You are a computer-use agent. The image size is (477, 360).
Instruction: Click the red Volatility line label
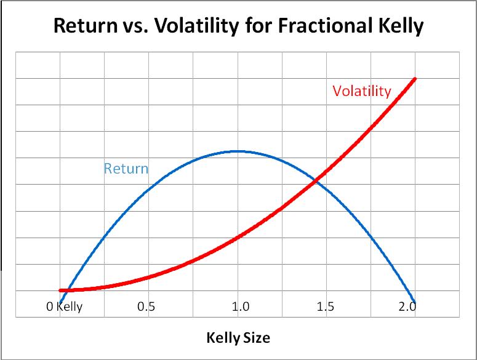coord(361,91)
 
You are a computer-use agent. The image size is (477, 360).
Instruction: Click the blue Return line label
coord(126,168)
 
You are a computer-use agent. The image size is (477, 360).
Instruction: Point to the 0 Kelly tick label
coord(64,307)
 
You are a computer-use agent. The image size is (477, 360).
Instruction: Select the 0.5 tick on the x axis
coord(146,307)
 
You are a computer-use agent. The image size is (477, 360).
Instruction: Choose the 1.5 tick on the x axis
coord(325,307)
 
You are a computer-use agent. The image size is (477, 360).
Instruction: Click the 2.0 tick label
coord(407,307)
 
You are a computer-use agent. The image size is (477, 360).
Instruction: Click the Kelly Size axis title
coord(238,338)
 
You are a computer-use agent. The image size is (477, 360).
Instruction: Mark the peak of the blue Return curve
coord(237,151)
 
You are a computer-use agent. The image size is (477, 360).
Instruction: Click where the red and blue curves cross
coord(315,180)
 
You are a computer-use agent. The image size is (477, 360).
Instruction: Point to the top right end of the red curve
coord(414,79)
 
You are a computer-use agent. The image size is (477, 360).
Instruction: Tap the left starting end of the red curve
coord(60,290)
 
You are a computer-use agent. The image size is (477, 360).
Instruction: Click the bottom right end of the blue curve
coord(414,302)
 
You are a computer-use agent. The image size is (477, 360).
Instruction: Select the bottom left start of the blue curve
coord(60,302)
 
